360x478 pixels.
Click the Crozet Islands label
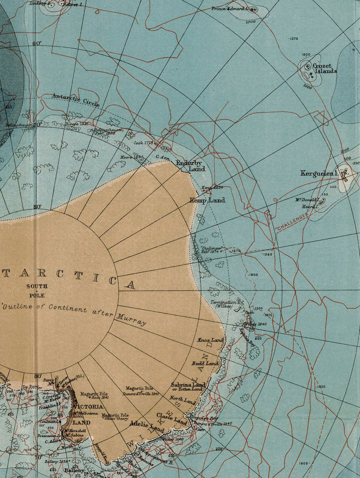[324, 68]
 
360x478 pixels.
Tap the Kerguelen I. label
[319, 173]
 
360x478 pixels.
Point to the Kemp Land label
[207, 200]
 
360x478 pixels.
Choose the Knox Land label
[210, 340]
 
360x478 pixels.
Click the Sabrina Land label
[188, 385]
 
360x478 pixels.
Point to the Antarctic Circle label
[76, 99]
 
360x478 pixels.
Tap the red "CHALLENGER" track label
[292, 222]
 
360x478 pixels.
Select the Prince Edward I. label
[230, 8]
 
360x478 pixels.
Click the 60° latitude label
[37, 43]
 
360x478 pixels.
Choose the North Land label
[182, 400]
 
